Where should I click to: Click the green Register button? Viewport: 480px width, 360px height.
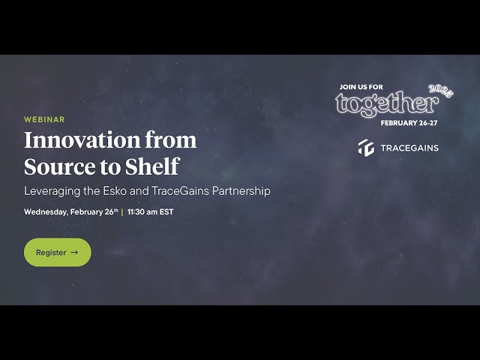point(57,252)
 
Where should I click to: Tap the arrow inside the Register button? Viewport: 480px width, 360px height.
point(74,253)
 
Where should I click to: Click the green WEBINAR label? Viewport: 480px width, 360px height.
point(44,119)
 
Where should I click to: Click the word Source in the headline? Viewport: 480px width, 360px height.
point(55,166)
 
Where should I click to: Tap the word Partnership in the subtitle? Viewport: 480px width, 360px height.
point(240,190)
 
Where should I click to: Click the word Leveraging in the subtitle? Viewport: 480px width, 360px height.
point(54,190)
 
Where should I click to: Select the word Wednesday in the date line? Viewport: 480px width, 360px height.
point(45,212)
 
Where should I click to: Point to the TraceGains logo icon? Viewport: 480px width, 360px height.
point(366,148)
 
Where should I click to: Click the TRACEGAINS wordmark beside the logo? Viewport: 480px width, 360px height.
point(409,148)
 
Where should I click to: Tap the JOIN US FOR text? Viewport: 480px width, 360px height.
point(361,87)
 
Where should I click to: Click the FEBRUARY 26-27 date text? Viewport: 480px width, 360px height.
point(409,122)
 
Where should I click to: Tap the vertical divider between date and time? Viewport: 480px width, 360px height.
point(122,212)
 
